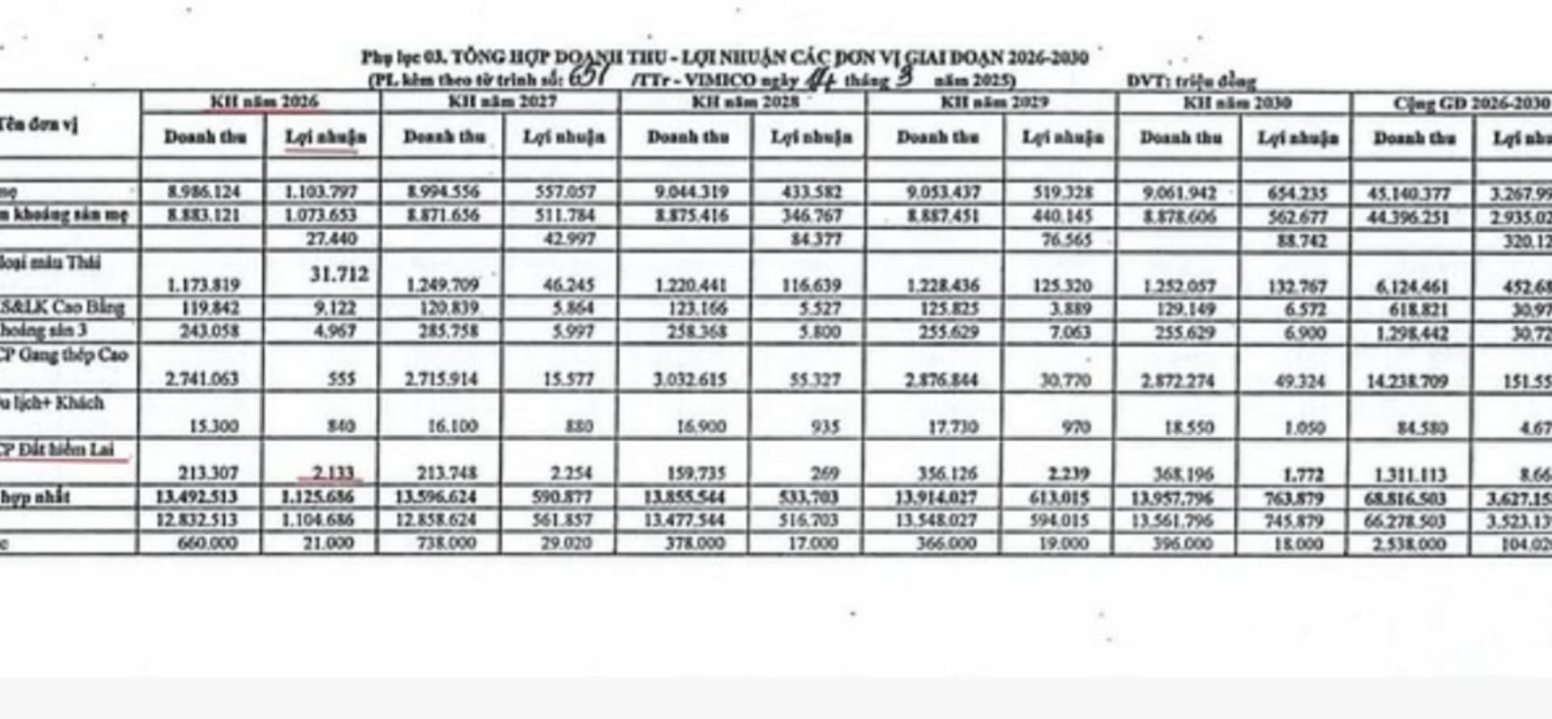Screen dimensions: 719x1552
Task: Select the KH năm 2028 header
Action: [744, 102]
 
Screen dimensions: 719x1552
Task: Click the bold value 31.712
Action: [339, 274]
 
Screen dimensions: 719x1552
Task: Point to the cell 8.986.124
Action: [204, 192]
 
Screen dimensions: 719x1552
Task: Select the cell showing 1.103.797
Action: [321, 192]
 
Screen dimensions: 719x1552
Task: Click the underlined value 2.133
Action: [331, 473]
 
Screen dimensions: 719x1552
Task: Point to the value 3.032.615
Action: [687, 379]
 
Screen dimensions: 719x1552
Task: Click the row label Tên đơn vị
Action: [40, 125]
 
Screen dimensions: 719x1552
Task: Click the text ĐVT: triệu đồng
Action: [1191, 81]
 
